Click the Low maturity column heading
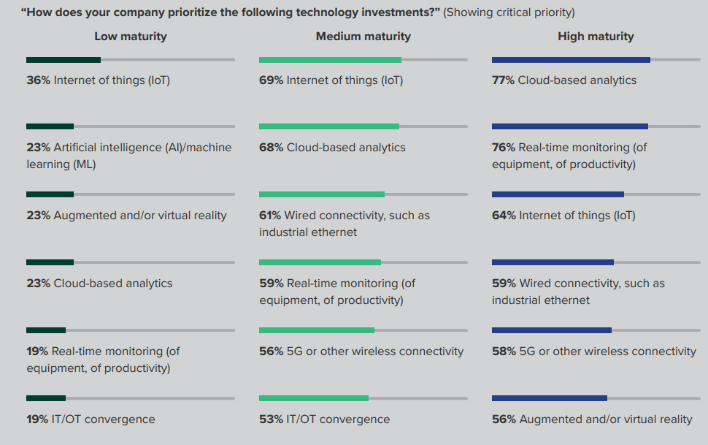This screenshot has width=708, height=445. (x=130, y=37)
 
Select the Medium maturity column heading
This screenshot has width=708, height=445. (x=363, y=37)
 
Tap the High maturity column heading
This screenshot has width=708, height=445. (x=596, y=37)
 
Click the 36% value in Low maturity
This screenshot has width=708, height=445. (x=38, y=80)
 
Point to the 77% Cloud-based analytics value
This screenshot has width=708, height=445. (x=504, y=80)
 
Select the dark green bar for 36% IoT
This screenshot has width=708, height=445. (x=64, y=60)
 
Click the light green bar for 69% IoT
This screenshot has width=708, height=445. (x=330, y=60)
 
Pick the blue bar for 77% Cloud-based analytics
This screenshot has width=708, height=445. (x=571, y=60)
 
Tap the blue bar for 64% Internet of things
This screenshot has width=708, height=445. (x=558, y=194)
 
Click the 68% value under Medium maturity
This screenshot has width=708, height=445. (x=271, y=148)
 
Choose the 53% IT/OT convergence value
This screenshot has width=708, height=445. (x=271, y=419)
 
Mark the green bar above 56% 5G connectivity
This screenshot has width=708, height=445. (x=317, y=330)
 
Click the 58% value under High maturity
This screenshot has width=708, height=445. (x=504, y=351)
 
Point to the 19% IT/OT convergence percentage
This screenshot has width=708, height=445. (x=38, y=419)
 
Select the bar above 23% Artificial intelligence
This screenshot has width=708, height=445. (x=50, y=126)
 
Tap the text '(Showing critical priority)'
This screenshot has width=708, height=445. (x=509, y=12)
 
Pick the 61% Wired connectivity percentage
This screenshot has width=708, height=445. (x=270, y=216)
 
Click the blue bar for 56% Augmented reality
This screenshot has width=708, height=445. (x=550, y=398)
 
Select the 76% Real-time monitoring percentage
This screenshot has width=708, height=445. (x=504, y=148)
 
